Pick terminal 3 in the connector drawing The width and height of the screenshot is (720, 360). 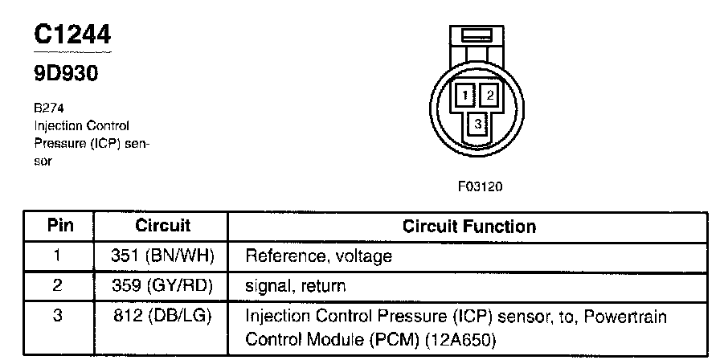tap(477, 125)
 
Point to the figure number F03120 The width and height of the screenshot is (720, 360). tap(480, 187)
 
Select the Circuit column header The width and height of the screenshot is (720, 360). tap(162, 226)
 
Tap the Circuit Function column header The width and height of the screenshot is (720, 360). tap(468, 227)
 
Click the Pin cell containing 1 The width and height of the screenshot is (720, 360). tap(58, 256)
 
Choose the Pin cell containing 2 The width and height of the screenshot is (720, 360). tap(58, 285)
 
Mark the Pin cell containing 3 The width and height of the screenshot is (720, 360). tap(58, 315)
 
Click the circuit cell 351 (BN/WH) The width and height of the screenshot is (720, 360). tap(162, 256)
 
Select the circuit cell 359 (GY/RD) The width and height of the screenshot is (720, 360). tap(162, 285)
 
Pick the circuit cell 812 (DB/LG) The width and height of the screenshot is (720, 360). tap(162, 315)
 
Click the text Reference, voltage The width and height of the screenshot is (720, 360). tap(318, 256)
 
